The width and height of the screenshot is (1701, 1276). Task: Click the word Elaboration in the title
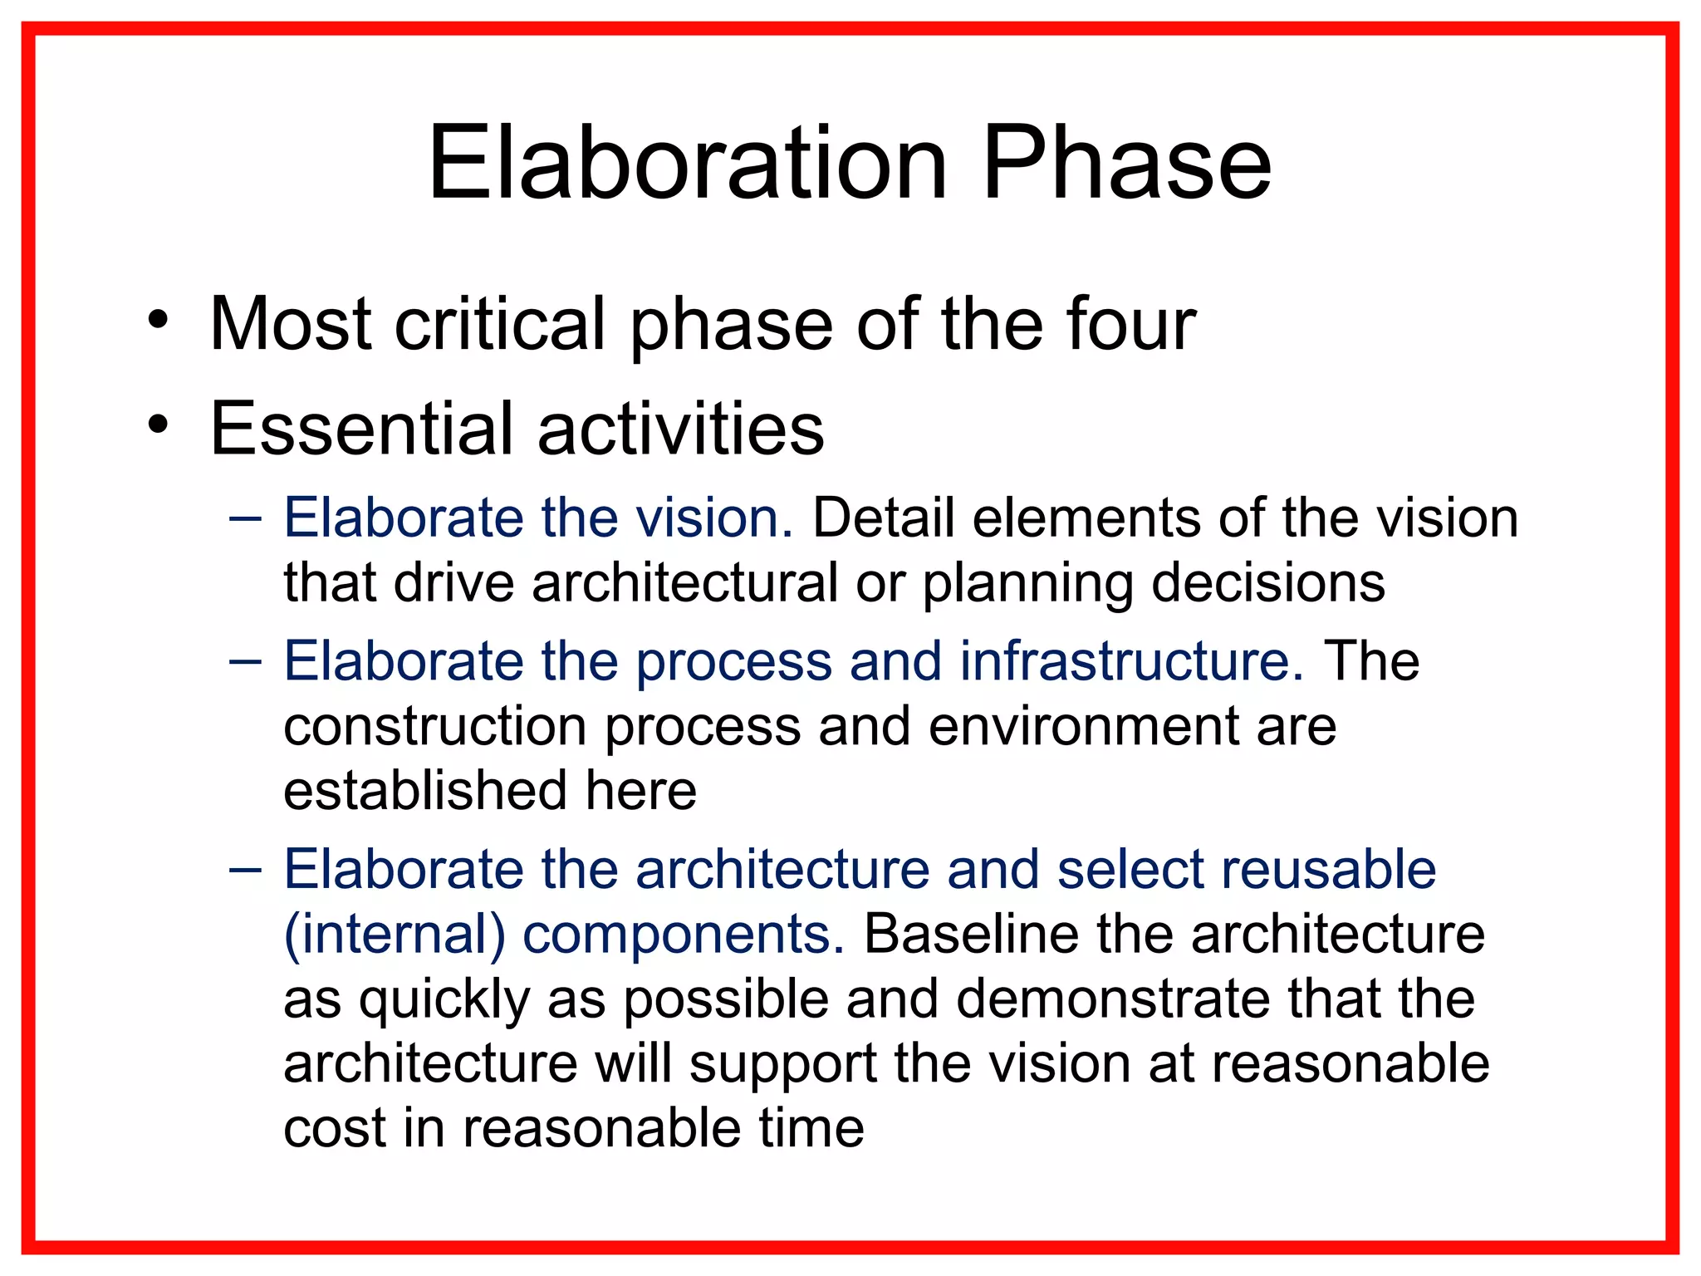click(687, 164)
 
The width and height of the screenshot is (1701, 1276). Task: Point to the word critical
click(500, 324)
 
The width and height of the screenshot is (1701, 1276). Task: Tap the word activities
click(680, 429)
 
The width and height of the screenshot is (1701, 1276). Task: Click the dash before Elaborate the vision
click(245, 519)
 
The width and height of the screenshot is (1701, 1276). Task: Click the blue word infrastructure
click(1131, 662)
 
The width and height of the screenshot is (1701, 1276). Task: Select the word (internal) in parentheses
click(395, 935)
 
